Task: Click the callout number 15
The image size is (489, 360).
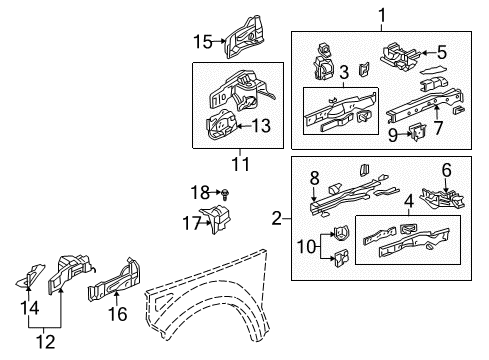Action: [203, 41]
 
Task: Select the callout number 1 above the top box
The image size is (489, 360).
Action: [381, 13]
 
